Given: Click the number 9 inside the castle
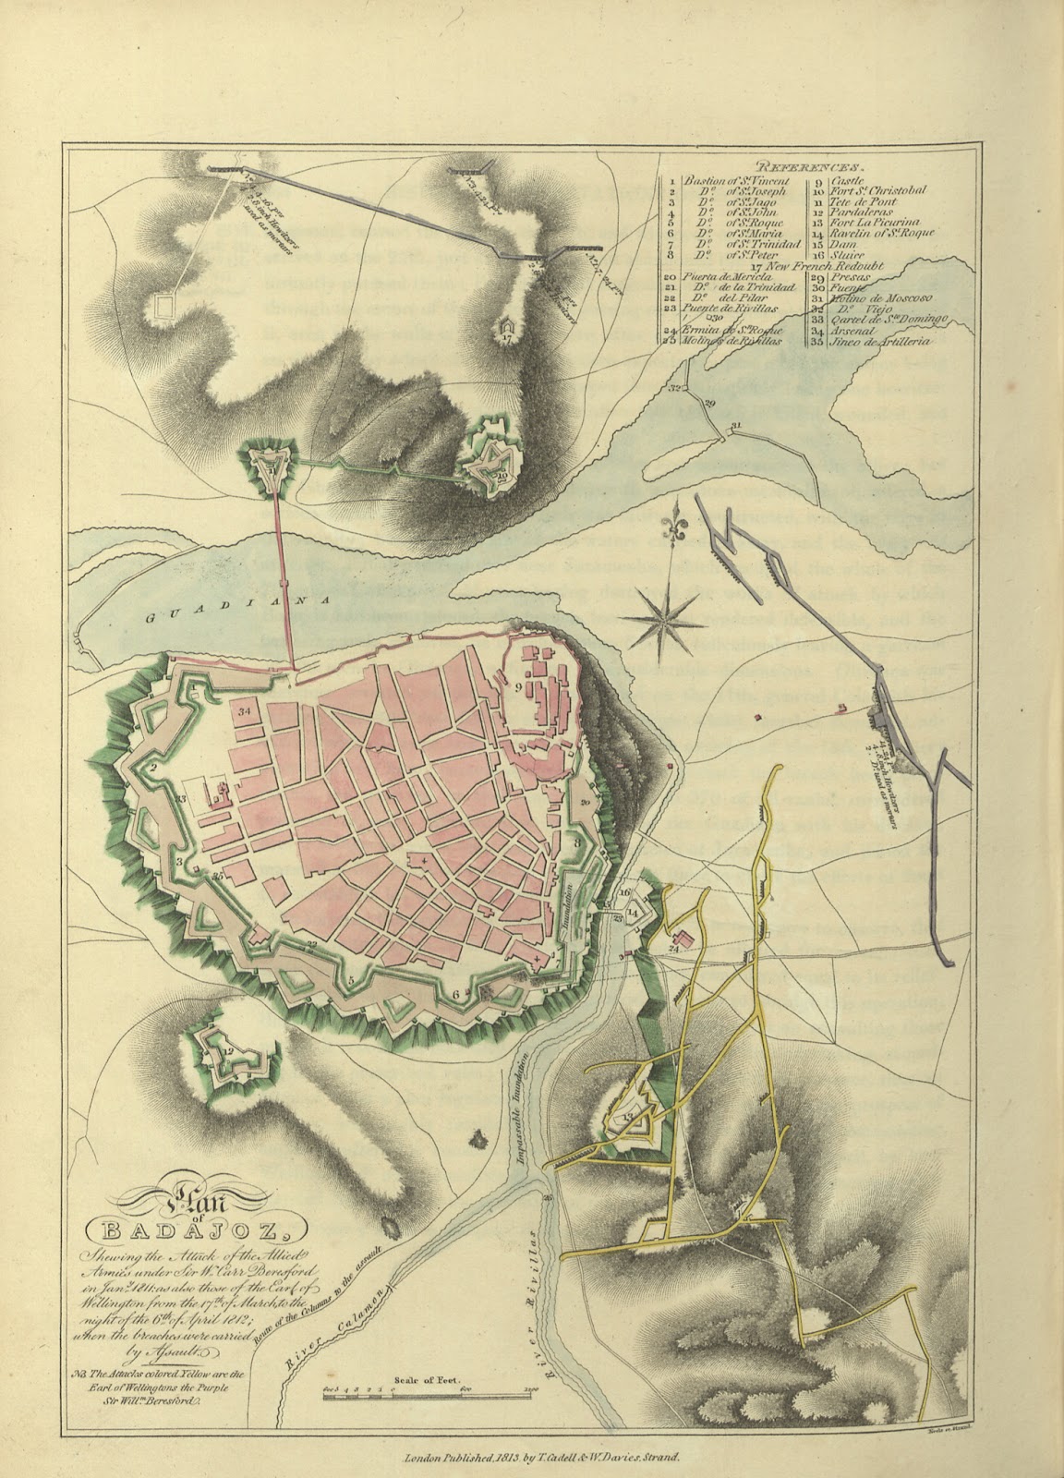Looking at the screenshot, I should click(x=519, y=687).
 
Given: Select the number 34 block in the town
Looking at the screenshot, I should click(x=245, y=712).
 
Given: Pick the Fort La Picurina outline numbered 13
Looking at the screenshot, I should click(x=633, y=1120).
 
